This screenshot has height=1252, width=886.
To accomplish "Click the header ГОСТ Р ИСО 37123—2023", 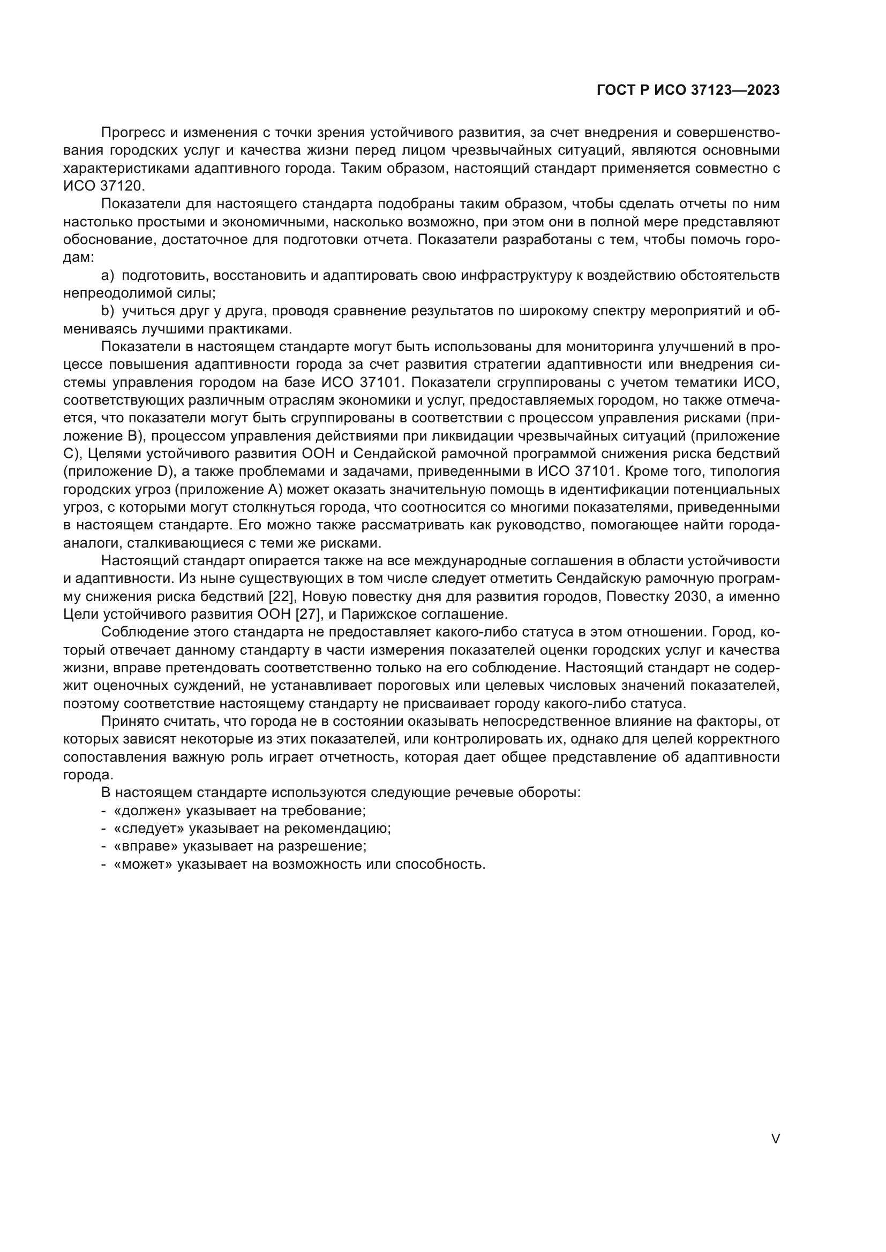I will pyautogui.click(x=688, y=90).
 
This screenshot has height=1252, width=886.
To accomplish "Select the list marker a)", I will pyautogui.click(x=108, y=275).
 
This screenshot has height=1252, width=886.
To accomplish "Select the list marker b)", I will pyautogui.click(x=108, y=312).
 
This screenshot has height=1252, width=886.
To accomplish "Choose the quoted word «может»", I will pyautogui.click(x=143, y=864).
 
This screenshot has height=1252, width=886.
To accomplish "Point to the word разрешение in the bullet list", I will pyautogui.click(x=322, y=846).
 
